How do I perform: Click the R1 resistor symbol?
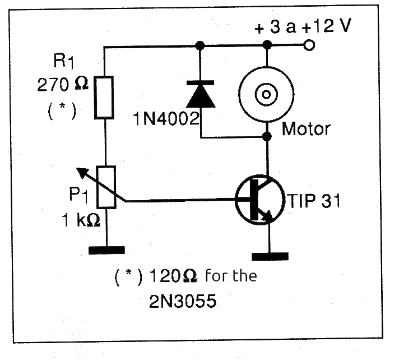[x=105, y=97]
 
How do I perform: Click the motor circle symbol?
[x=266, y=93]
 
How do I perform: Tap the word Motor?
[x=306, y=129]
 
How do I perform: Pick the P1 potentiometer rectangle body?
[x=105, y=186]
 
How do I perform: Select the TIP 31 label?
[x=314, y=200]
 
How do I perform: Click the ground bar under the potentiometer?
[x=105, y=249]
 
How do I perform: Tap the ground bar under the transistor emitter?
[x=270, y=256]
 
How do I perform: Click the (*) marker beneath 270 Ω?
[x=61, y=110]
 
